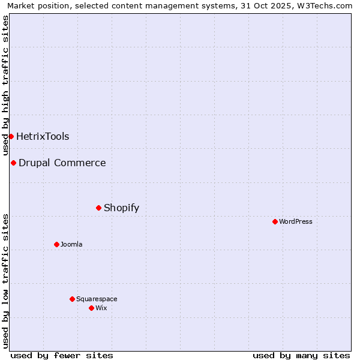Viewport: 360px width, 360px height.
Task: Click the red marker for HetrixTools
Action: (x=11, y=136)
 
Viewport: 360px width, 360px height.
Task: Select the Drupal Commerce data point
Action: (x=13, y=163)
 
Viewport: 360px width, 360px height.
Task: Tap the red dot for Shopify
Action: (x=98, y=208)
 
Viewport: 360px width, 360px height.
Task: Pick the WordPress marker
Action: (x=275, y=221)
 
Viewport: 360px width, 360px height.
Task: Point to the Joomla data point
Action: (x=56, y=244)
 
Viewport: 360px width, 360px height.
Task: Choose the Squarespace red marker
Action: (x=72, y=299)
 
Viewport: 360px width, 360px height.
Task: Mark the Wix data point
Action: (x=91, y=308)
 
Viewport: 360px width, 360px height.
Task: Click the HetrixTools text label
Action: (x=43, y=136)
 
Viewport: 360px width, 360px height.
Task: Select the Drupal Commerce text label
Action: (x=62, y=163)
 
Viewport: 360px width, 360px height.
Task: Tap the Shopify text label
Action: (x=121, y=208)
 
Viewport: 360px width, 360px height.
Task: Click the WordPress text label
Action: (x=296, y=221)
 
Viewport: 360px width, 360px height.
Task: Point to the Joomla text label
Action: (x=71, y=244)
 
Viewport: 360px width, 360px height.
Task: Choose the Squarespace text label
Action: (x=97, y=299)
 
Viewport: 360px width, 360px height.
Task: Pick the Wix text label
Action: (x=101, y=308)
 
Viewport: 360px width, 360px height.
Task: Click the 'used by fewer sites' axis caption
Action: (x=62, y=355)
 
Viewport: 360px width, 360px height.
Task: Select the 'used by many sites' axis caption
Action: (x=301, y=355)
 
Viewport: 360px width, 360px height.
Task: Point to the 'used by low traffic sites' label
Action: (x=5, y=281)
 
